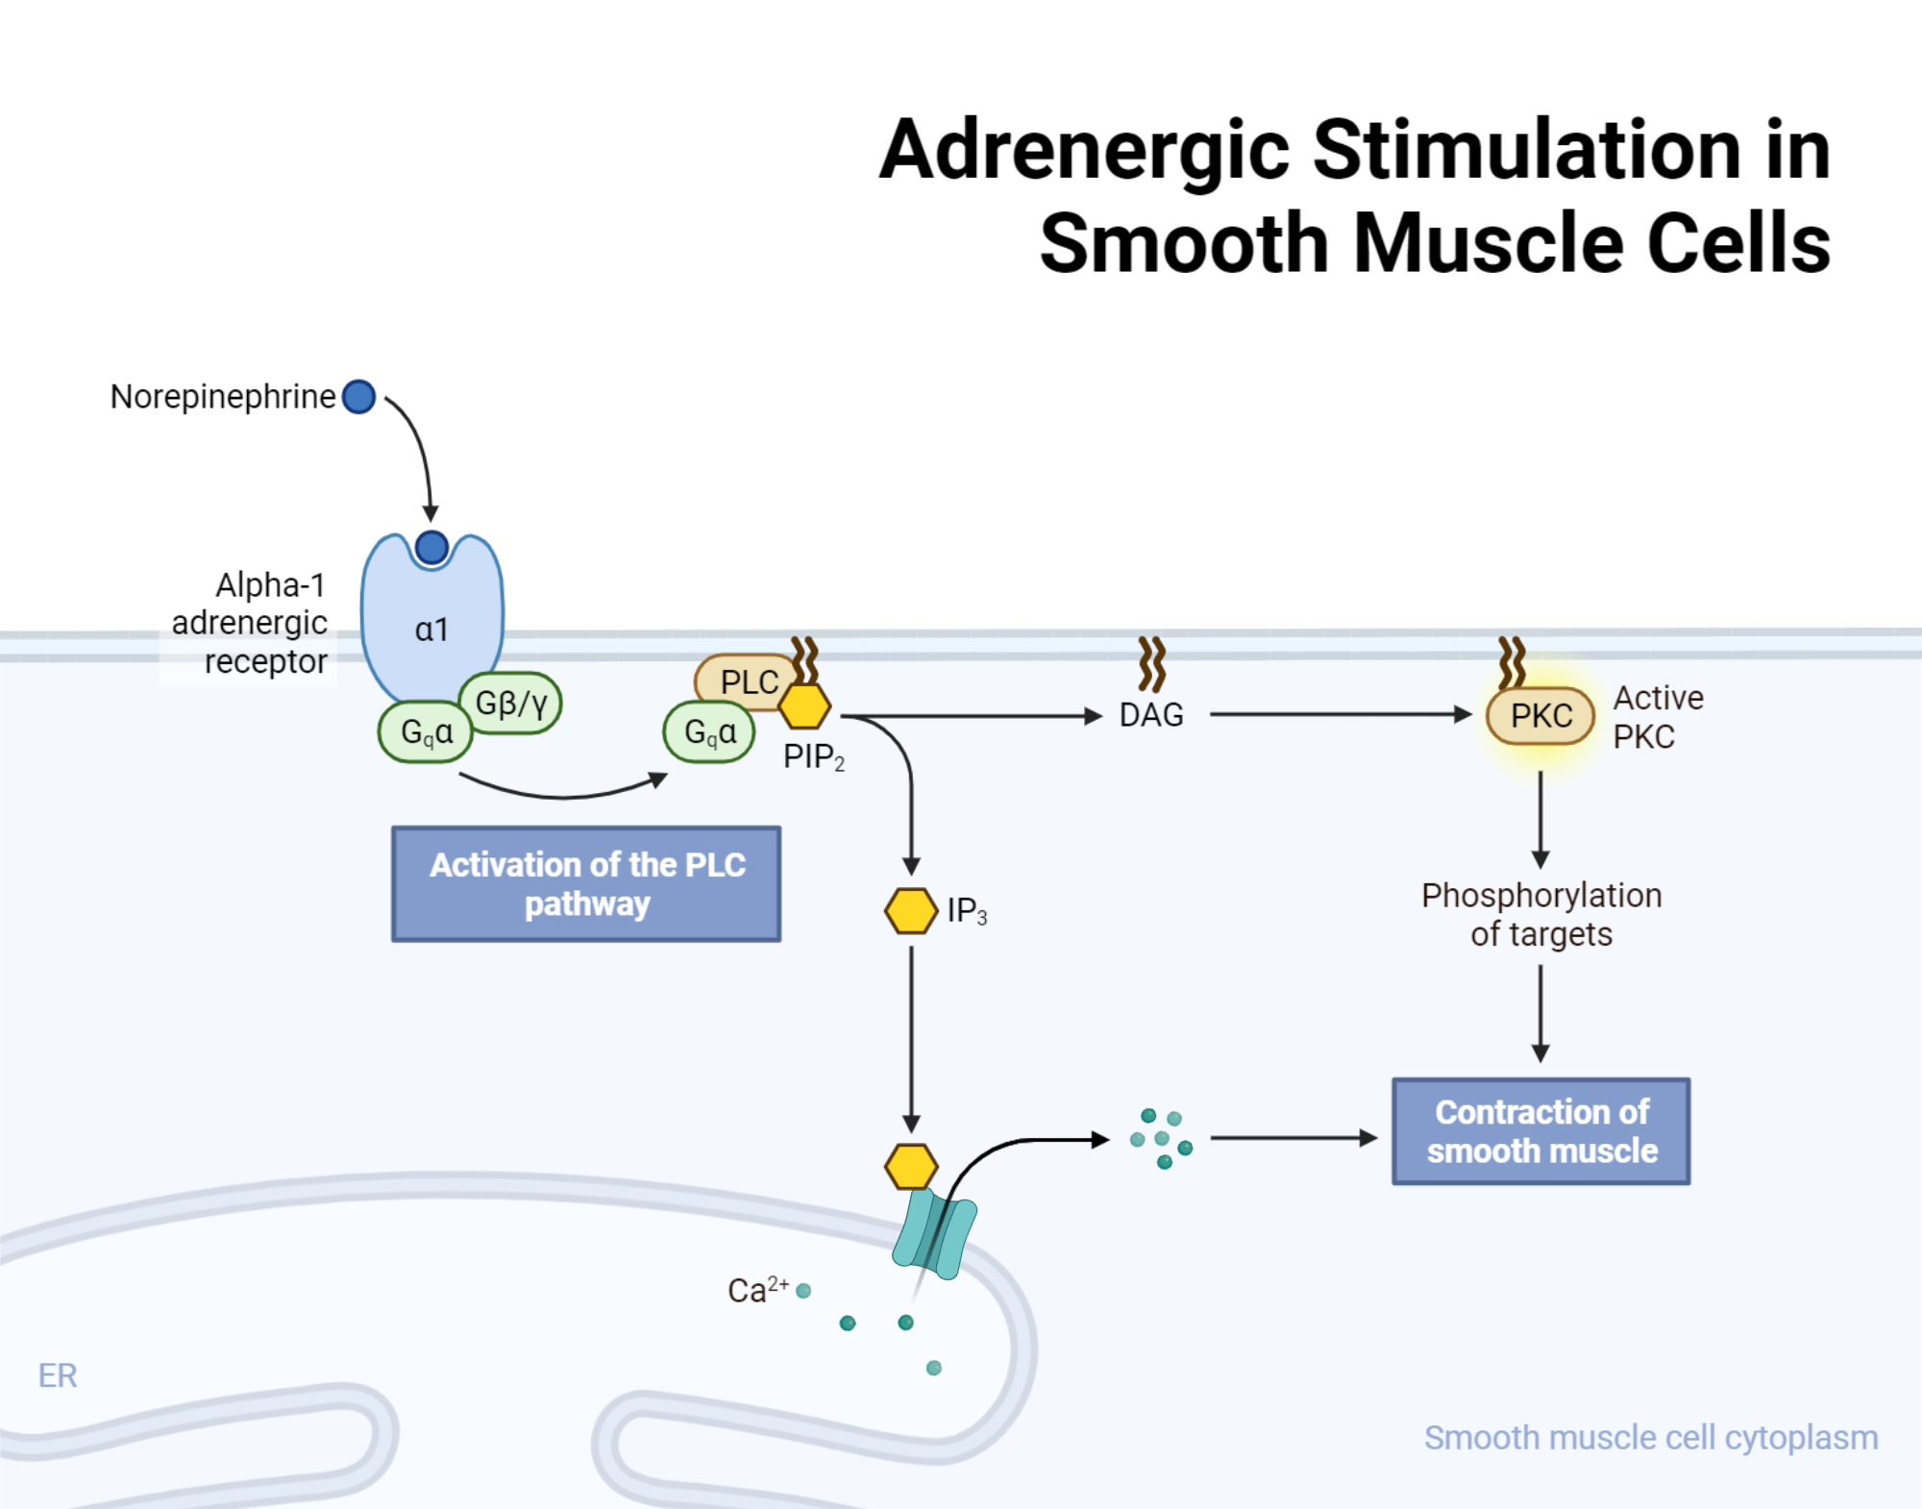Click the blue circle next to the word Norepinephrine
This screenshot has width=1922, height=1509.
click(x=358, y=396)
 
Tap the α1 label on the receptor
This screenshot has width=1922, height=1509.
click(x=431, y=630)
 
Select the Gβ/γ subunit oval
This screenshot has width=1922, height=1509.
click(x=511, y=703)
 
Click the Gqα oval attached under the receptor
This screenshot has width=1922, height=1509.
click(x=426, y=731)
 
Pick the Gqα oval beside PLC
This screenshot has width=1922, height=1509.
click(x=709, y=731)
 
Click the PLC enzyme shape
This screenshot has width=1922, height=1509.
click(x=742, y=680)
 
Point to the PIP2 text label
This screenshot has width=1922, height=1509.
click(x=813, y=757)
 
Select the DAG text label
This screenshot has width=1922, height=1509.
click(x=1151, y=715)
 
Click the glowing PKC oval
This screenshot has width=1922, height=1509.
click(x=1540, y=715)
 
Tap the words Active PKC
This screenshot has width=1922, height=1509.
click(x=1657, y=717)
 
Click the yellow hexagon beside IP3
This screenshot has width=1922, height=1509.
click(x=910, y=910)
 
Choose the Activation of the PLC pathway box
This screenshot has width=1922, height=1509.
click(x=586, y=883)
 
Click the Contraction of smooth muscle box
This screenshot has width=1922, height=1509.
click(x=1540, y=1131)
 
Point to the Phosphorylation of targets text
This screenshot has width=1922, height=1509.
click(x=1540, y=914)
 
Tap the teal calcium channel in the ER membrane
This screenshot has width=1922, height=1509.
click(x=934, y=1234)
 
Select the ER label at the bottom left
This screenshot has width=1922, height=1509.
click(x=58, y=1375)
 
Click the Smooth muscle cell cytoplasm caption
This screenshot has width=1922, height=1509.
click(x=1650, y=1438)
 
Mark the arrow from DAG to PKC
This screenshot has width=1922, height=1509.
click(x=1341, y=714)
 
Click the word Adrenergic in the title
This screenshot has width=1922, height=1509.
click(x=1083, y=151)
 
